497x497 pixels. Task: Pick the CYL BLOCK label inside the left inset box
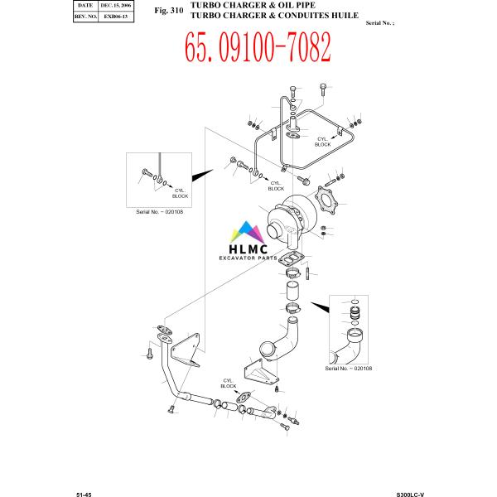180,192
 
